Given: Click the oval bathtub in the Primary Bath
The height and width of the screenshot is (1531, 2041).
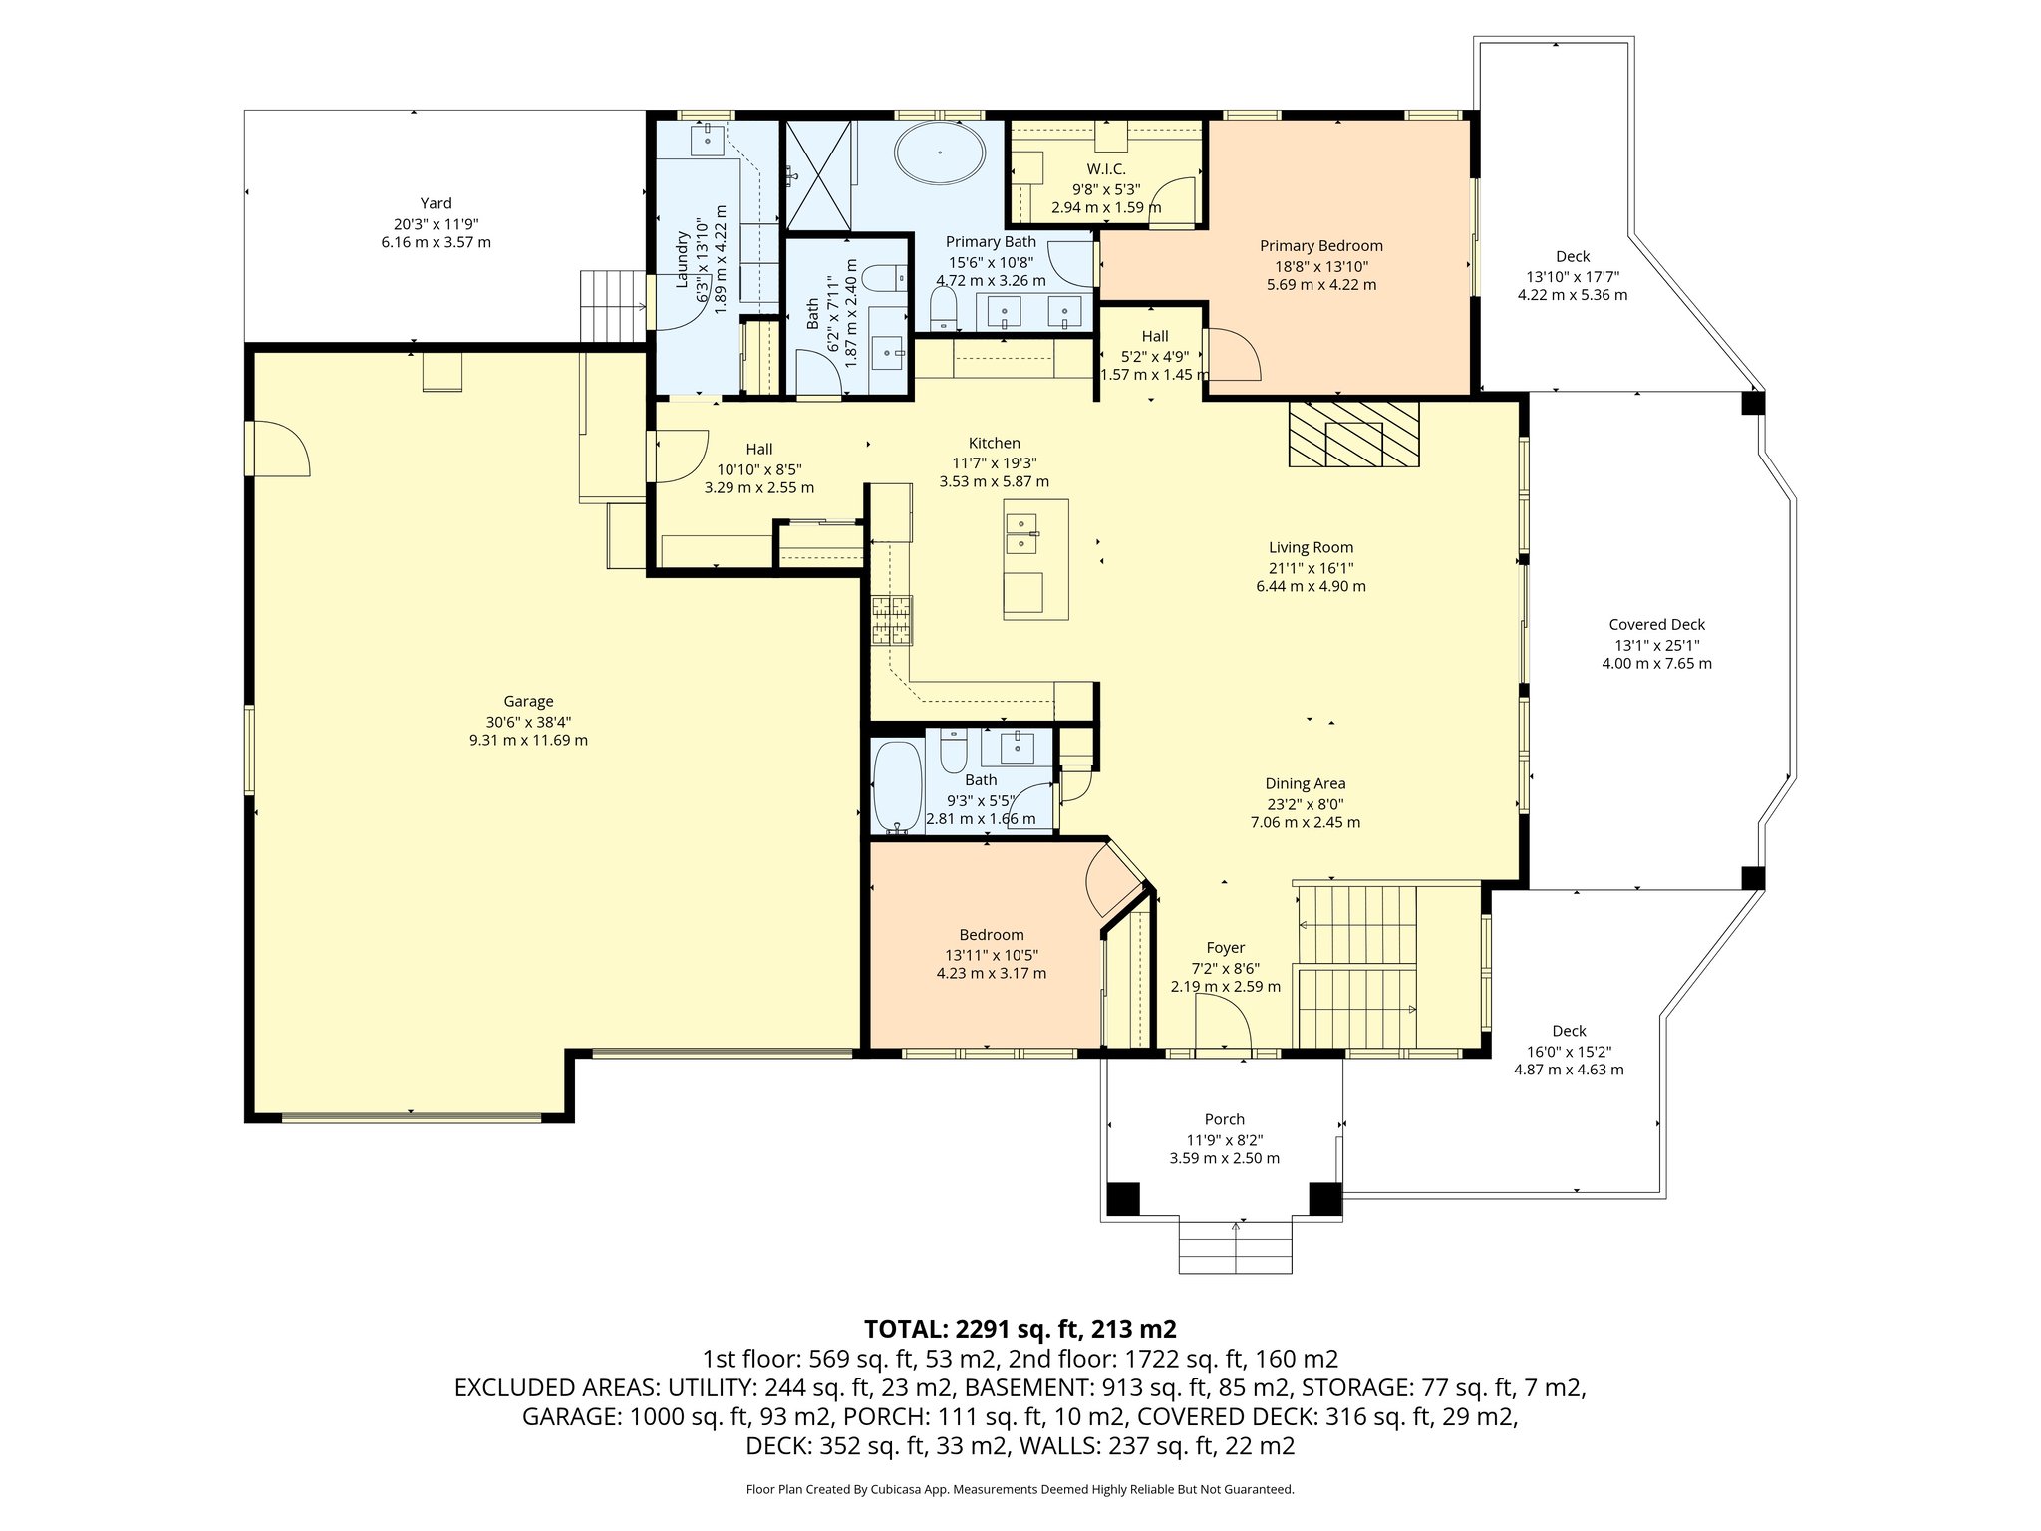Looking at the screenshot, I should (x=940, y=154).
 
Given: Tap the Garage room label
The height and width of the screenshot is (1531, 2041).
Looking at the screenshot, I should (x=528, y=701).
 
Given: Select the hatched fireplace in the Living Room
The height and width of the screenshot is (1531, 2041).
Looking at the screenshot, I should (x=1353, y=434).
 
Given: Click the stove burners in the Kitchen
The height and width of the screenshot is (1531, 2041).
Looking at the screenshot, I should (x=892, y=620).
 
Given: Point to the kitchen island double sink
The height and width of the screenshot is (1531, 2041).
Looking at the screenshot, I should (x=1021, y=533).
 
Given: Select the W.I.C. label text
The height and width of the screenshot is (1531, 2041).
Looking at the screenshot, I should (x=1105, y=169).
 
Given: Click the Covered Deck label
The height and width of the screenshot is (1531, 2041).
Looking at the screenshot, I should (x=1656, y=625).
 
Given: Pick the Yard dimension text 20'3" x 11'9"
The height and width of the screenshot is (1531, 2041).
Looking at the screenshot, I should (x=436, y=224).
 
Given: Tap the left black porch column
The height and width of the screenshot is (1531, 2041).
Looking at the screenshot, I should (x=1124, y=1198).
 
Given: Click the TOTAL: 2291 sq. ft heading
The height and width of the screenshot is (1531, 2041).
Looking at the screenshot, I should (x=1020, y=1328).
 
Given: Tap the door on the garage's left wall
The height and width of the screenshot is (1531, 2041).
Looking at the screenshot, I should (x=277, y=449).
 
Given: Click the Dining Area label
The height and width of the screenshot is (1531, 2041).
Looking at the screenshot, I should (x=1305, y=784).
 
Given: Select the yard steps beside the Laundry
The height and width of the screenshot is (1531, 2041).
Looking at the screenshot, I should (x=612, y=306).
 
